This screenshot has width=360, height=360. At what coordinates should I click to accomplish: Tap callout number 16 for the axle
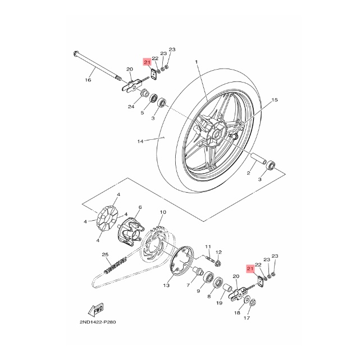click(88, 80)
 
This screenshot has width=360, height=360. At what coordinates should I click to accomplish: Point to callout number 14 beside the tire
click(141, 141)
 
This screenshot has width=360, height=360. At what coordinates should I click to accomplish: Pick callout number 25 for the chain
click(105, 254)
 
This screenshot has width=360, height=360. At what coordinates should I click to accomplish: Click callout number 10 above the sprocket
click(163, 212)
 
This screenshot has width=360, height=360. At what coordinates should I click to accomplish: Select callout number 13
click(166, 285)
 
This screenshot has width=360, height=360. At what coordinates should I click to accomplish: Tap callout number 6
click(139, 207)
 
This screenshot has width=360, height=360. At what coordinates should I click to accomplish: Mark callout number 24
click(130, 107)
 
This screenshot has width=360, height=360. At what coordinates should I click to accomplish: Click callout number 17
click(245, 318)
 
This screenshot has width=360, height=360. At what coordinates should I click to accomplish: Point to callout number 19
click(219, 303)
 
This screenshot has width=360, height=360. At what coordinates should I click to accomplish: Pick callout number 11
click(207, 247)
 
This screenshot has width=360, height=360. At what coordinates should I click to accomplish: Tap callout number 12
click(219, 252)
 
